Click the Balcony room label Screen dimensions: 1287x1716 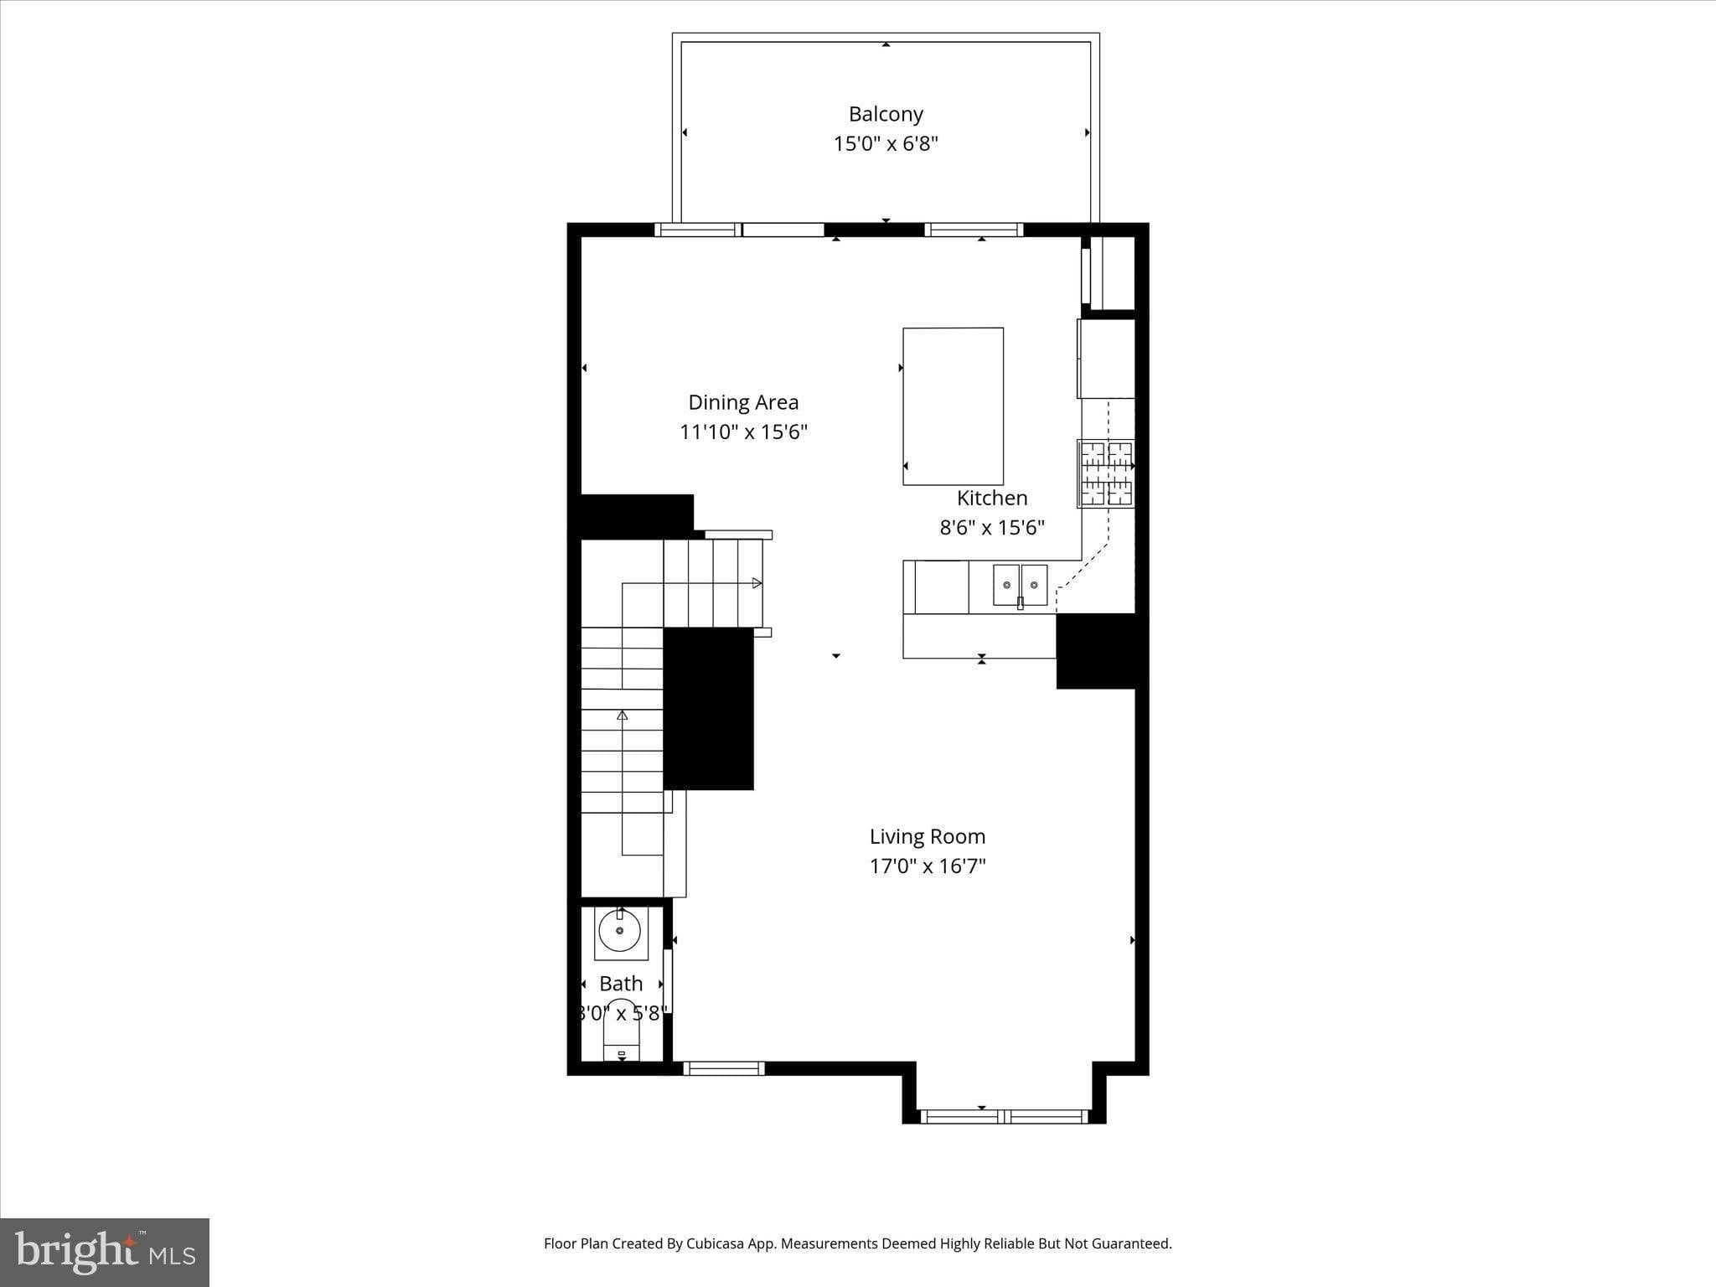pos(886,114)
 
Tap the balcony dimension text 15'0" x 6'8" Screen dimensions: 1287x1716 pos(886,143)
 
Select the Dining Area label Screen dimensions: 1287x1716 pos(743,402)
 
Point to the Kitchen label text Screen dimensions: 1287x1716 pos(992,498)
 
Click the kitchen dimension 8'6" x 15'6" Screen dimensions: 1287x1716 pos(992,527)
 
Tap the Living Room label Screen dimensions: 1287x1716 pos(927,836)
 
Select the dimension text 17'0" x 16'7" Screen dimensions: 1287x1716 pos(927,866)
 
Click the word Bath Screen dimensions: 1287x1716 pos(621,983)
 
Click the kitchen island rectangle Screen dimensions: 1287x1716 pos(953,406)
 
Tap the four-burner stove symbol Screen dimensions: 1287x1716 pos(1106,474)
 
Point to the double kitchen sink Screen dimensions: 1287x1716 pos(1020,585)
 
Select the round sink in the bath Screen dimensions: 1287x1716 pos(620,931)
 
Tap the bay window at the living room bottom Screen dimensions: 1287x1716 pos(1003,1116)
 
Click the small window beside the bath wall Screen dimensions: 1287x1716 pos(724,1068)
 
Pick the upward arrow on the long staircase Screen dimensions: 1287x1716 pos(622,716)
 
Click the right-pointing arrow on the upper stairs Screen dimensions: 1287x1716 pos(757,582)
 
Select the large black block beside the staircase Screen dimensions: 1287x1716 pos(708,708)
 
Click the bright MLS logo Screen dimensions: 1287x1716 pos(105,1252)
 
